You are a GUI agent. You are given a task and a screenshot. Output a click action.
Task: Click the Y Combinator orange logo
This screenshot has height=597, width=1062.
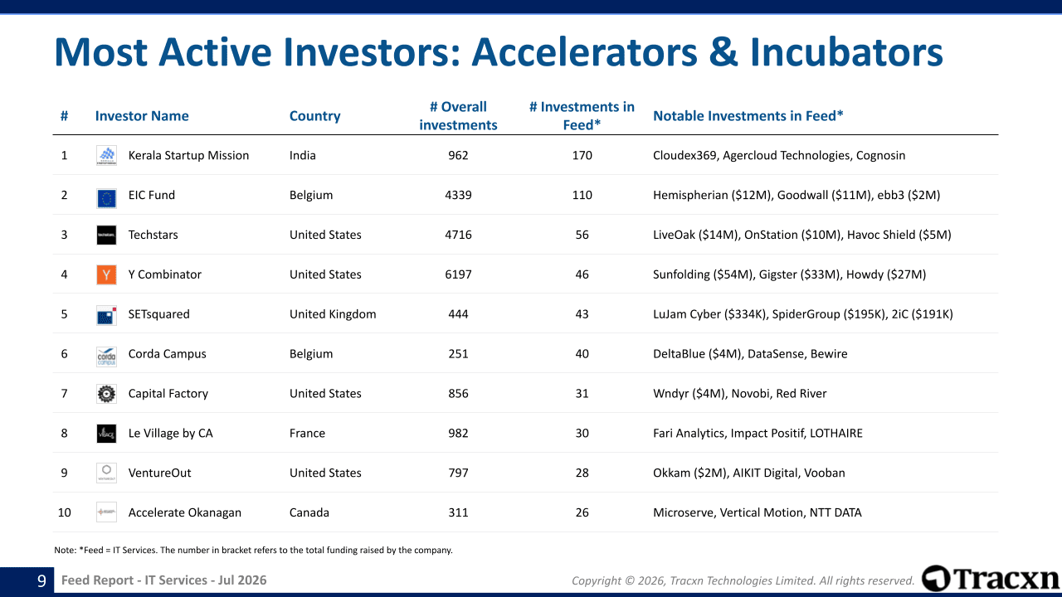[x=106, y=274]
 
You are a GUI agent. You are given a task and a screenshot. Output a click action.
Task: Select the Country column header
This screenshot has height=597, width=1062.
[x=314, y=116]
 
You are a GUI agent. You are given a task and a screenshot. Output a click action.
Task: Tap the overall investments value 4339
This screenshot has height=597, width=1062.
[x=458, y=195]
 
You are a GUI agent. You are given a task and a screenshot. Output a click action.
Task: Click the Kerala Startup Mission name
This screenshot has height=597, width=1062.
[x=188, y=155]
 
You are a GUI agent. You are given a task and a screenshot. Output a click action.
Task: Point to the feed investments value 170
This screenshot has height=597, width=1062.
[x=582, y=155]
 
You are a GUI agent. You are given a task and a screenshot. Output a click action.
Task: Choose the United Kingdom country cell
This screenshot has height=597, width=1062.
[x=333, y=314]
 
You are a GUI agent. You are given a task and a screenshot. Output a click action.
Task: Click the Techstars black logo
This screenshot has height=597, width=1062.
[x=106, y=235]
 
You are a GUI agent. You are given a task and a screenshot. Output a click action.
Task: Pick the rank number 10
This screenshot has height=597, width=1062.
[x=64, y=512]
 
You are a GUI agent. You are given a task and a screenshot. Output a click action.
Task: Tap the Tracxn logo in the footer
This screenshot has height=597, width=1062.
[x=990, y=579]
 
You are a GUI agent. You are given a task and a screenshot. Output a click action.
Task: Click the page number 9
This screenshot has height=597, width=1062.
[x=41, y=580]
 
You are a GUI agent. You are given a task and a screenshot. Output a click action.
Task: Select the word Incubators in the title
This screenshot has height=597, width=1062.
[x=846, y=52]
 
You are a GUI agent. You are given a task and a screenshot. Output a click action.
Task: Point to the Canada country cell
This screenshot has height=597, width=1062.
[x=309, y=512]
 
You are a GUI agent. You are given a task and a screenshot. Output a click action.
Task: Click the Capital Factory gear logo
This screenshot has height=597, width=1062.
[x=106, y=394]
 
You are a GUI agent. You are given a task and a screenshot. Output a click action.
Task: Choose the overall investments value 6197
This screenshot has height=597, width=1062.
[x=458, y=274]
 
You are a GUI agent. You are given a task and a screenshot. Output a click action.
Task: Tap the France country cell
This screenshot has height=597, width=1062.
[x=307, y=433]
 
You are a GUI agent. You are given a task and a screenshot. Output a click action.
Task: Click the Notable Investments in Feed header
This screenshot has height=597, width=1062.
[x=748, y=116]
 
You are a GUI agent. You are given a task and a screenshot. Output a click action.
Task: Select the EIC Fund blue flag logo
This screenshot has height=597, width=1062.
[x=106, y=198]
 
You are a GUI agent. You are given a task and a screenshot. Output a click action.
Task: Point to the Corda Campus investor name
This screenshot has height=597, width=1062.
[x=167, y=354]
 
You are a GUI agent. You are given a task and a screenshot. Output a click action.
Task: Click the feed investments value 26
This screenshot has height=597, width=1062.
[x=582, y=512]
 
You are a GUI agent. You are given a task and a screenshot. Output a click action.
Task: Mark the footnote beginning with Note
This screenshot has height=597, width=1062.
[x=253, y=550]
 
